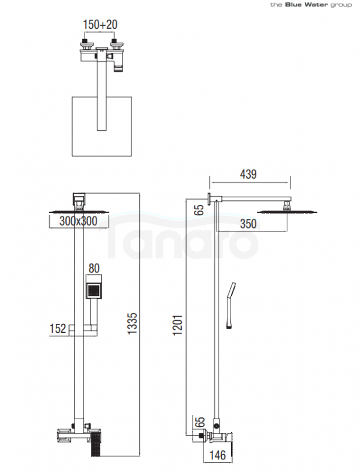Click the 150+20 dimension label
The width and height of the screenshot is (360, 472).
[x=100, y=25]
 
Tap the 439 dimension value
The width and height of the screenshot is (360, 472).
[x=248, y=175]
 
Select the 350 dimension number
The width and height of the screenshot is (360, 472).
[x=248, y=224]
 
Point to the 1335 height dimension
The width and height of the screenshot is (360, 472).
[x=132, y=323]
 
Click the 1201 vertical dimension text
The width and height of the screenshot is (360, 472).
[x=178, y=325]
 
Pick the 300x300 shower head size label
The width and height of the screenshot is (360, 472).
[x=79, y=221]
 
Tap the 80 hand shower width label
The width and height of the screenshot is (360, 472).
[x=94, y=268]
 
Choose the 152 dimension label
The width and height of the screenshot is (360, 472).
[x=58, y=329]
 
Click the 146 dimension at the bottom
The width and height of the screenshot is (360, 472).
[x=218, y=455]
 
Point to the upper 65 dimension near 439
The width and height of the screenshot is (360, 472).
[x=199, y=210]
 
